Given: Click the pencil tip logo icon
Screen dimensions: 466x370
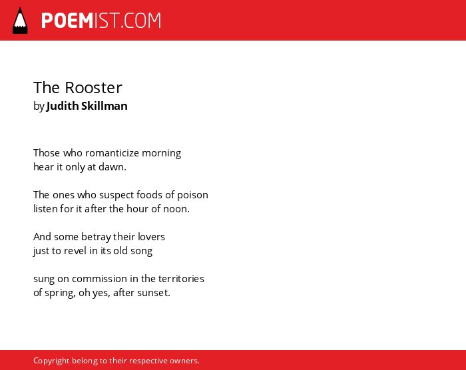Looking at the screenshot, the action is [20, 20].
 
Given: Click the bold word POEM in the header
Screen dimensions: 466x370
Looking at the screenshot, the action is [67, 21].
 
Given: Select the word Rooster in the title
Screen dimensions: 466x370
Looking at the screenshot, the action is [94, 88].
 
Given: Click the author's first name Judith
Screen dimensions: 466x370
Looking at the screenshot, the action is [63, 106].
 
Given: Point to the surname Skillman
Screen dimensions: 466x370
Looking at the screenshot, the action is [105, 106].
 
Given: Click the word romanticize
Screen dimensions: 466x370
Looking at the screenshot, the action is [112, 153].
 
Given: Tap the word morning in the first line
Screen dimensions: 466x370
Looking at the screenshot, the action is [161, 153].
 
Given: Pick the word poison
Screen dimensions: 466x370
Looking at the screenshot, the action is [192, 195].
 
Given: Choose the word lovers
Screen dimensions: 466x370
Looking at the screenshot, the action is [152, 236].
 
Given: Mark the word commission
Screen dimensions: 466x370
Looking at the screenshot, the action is [100, 279].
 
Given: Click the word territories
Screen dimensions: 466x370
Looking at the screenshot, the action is [181, 279].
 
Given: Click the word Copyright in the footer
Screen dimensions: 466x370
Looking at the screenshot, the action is [51, 361].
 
